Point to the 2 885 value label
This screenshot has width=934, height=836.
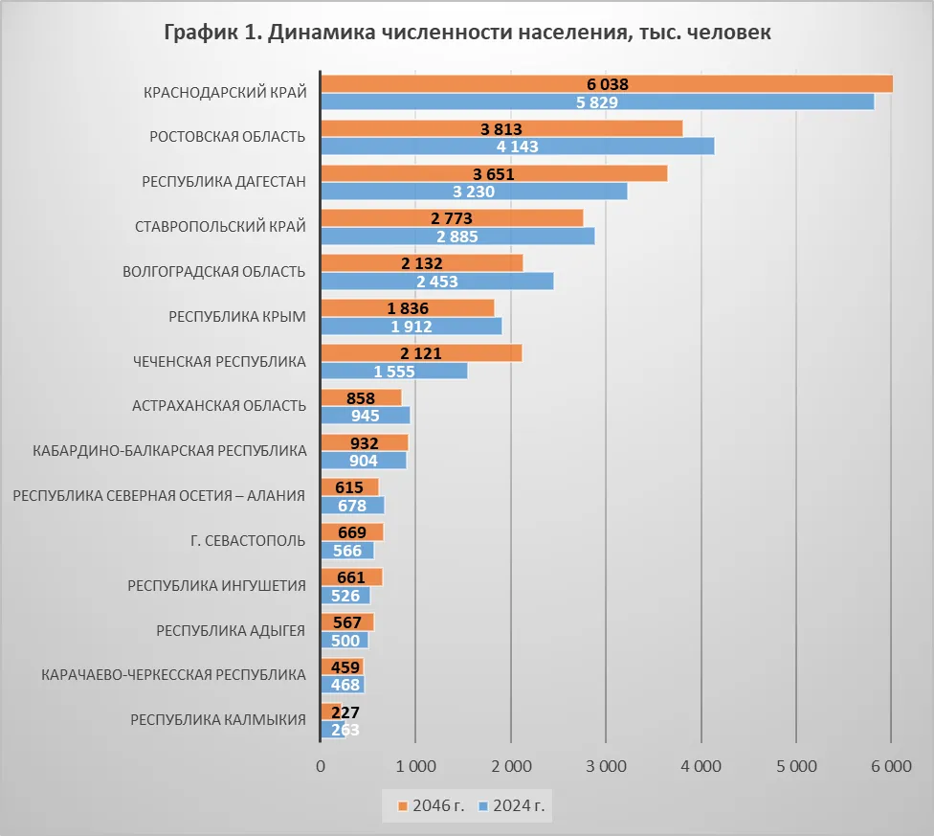(x=457, y=237)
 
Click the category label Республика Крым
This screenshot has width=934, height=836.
(x=236, y=316)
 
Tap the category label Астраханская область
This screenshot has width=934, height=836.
(x=219, y=405)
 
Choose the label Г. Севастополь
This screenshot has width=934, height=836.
(x=248, y=540)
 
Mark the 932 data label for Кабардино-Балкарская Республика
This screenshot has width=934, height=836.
(x=364, y=443)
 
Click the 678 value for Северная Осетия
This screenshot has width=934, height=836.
(x=350, y=505)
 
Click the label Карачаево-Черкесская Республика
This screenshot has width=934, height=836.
(x=173, y=674)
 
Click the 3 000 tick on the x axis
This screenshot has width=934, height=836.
(x=606, y=766)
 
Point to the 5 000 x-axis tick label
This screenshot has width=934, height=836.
(x=796, y=766)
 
